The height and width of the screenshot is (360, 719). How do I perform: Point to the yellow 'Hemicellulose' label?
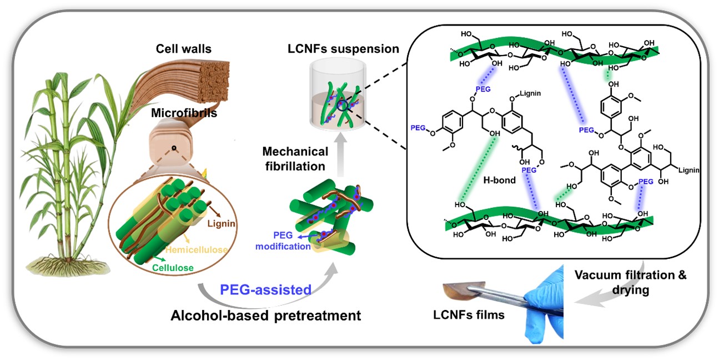[x=200, y=251]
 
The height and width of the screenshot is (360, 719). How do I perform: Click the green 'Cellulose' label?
[x=173, y=268]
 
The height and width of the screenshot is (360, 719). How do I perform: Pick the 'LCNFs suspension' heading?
[x=344, y=49]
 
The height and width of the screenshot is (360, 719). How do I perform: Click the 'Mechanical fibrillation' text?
[x=295, y=159]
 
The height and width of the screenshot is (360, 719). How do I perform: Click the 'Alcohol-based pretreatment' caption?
[x=266, y=316]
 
